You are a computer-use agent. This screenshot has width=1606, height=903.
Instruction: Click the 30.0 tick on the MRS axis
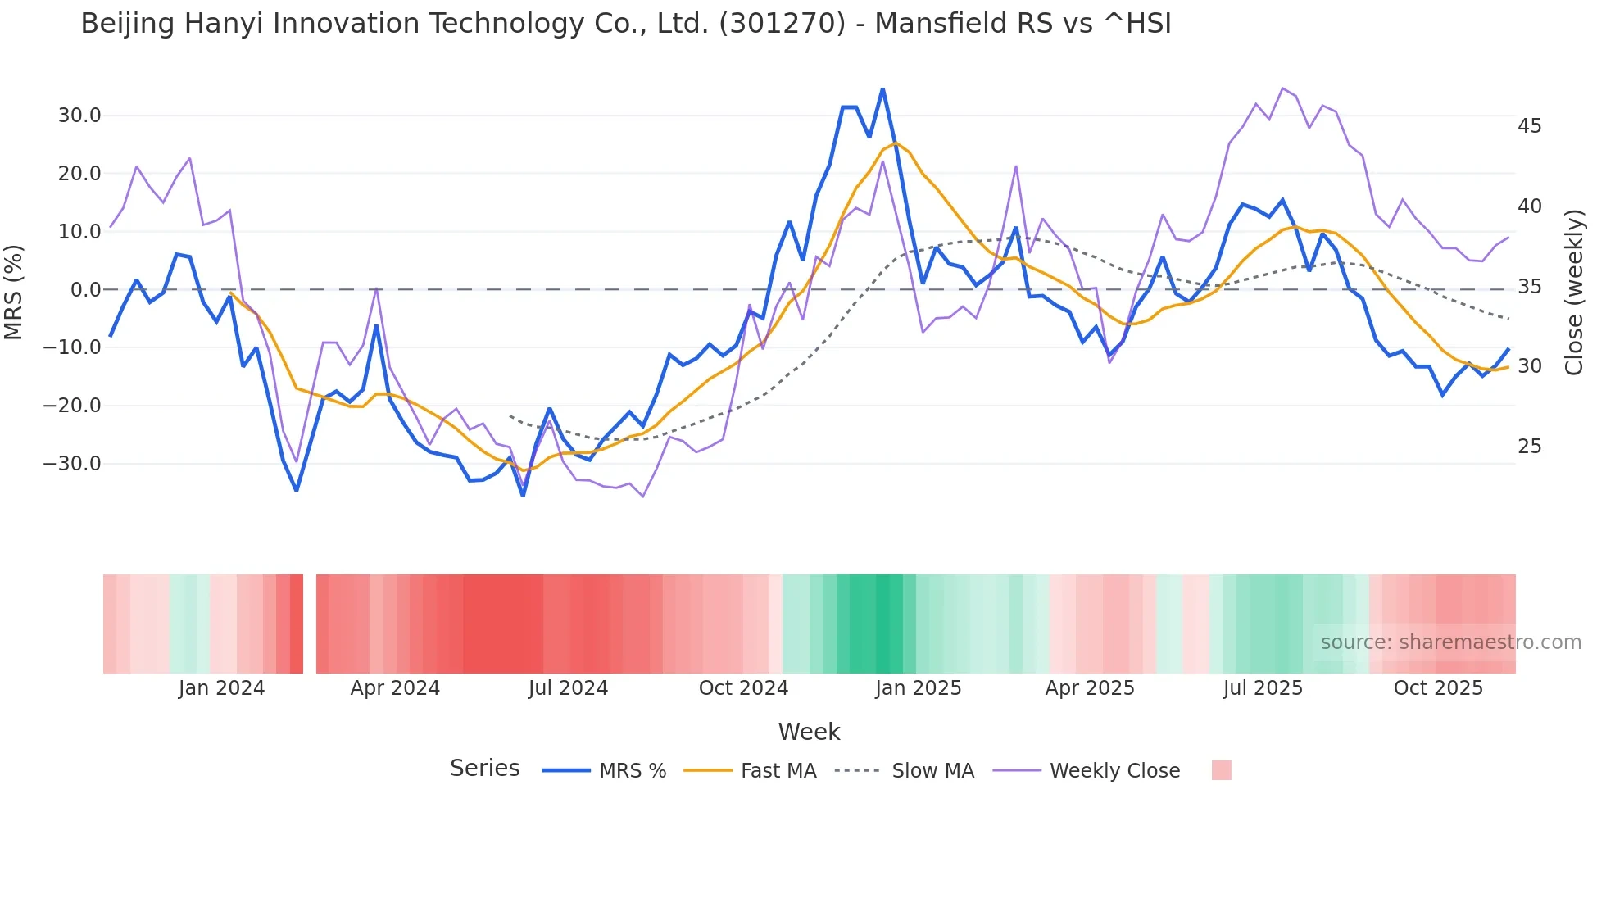pos(79,116)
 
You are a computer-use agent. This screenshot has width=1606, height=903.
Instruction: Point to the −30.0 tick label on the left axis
pos(72,464)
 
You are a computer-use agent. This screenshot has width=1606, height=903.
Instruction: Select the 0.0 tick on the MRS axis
pos(85,290)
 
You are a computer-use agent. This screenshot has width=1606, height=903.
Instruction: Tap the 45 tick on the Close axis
pos(1529,126)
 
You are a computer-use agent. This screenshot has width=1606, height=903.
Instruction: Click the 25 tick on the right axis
pos(1529,447)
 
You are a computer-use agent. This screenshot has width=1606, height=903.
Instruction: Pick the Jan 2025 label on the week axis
pos(918,688)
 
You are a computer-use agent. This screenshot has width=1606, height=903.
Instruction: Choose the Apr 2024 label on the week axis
pos(395,688)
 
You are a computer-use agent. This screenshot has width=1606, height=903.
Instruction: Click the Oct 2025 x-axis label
pos(1438,688)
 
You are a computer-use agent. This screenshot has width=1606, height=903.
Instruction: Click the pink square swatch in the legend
pos(1221,770)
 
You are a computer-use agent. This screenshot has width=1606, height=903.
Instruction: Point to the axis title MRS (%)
pos(14,292)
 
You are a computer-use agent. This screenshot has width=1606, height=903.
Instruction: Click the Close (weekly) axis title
pos(1573,292)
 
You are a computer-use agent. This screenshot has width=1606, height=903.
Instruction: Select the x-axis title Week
pos(809,732)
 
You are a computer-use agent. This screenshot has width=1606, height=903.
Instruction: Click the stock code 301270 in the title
pos(781,24)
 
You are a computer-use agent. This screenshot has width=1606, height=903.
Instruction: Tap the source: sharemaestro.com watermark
pos(1450,642)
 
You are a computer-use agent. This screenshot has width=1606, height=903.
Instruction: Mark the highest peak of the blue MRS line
pos(882,88)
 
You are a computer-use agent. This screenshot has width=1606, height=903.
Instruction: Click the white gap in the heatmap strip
pos(310,624)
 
